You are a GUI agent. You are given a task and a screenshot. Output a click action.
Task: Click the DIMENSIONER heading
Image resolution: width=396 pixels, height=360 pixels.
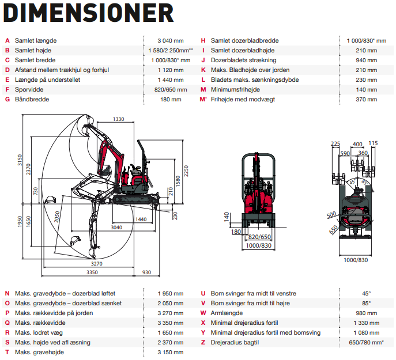(88, 13)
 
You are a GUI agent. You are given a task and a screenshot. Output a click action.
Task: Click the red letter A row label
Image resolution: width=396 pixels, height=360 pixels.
(7, 41)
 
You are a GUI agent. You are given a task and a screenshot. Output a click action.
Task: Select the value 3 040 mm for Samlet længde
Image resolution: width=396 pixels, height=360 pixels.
(171, 41)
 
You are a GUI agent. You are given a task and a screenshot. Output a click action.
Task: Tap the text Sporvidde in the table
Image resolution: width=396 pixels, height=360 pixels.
(29, 90)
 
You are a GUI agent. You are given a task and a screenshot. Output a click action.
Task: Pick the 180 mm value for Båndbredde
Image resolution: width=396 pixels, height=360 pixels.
(171, 100)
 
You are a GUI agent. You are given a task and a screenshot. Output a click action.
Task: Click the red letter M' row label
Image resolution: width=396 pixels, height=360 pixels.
(203, 100)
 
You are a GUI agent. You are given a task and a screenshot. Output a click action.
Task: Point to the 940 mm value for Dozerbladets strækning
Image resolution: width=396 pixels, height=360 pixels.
(367, 60)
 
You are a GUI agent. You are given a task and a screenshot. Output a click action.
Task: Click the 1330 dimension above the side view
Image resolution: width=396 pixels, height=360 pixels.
(118, 119)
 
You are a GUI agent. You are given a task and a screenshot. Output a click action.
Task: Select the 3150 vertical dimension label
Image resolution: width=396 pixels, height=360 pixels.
(20, 160)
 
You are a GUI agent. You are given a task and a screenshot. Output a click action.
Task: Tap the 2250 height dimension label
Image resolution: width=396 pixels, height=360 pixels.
(186, 171)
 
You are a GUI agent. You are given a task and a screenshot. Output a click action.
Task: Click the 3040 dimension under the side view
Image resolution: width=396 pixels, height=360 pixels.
(116, 228)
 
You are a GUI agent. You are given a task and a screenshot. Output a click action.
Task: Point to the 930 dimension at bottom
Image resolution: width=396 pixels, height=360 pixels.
(146, 272)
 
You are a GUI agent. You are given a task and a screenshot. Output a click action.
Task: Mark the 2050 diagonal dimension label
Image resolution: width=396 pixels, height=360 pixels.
(57, 217)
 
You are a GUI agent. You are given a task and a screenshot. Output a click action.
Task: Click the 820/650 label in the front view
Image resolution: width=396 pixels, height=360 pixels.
(259, 237)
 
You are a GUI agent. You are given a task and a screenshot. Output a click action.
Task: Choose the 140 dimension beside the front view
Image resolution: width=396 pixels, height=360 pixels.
(227, 217)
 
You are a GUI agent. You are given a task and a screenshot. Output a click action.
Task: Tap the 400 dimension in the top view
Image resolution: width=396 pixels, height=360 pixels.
(357, 144)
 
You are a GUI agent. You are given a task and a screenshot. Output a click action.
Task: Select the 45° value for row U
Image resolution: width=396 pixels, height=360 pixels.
(367, 294)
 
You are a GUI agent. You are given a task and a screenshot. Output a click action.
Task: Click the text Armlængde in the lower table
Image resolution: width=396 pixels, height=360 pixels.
(227, 313)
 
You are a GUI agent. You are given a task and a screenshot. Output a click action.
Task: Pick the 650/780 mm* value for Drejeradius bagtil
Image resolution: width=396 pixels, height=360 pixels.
(367, 343)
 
